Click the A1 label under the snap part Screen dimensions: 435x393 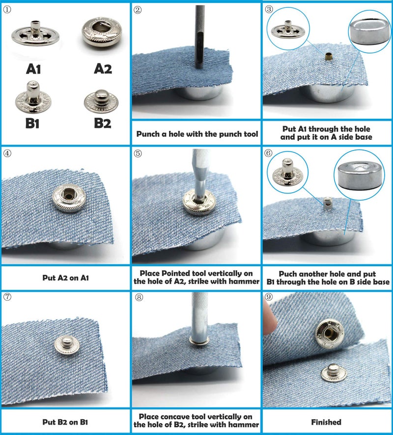[x=33, y=69]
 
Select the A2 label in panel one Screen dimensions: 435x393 [x=103, y=69]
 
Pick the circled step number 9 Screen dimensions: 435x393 [x=269, y=297]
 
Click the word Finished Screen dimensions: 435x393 [x=327, y=422]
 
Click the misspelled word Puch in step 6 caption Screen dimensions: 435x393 [x=289, y=274]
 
